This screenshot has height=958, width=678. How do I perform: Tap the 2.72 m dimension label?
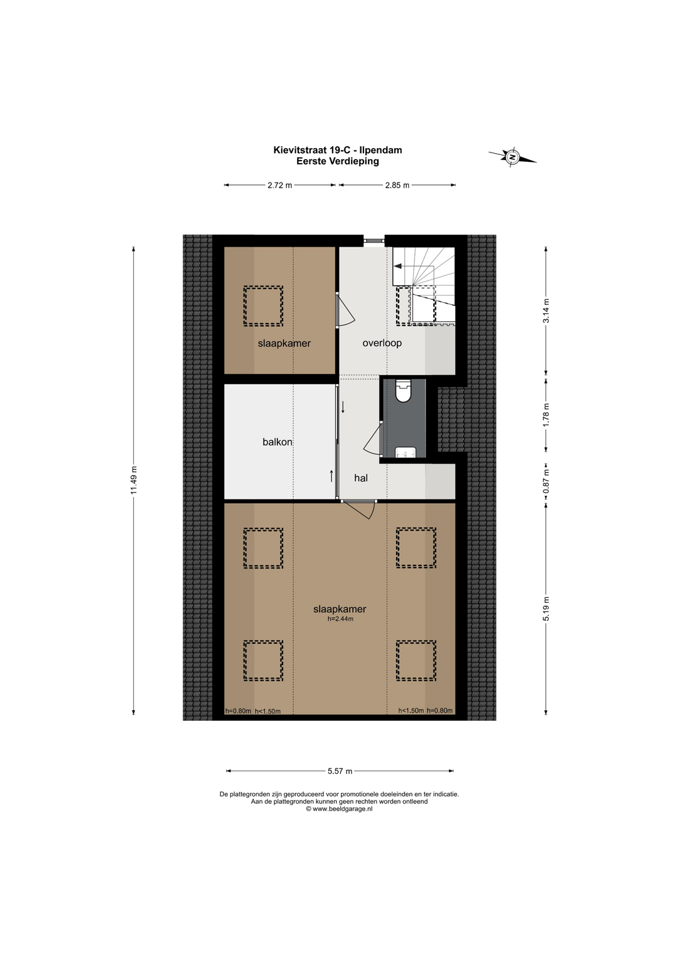279,185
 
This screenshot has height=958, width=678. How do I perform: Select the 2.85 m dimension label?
397,185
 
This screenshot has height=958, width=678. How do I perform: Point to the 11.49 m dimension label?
134,479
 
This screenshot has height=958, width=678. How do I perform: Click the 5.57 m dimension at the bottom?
340,771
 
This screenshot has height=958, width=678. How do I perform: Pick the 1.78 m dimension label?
546,415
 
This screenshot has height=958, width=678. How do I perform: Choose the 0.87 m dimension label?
546,481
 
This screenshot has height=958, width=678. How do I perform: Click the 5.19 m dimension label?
546,609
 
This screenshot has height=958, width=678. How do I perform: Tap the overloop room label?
382,343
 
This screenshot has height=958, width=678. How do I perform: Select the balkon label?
277,442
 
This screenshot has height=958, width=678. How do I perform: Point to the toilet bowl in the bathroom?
403,391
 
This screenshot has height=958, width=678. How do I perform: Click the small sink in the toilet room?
406,452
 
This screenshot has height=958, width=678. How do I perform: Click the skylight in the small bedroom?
263,306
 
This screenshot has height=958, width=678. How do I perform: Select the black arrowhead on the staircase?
397,266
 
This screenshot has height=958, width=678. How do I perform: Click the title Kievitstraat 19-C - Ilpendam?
338,150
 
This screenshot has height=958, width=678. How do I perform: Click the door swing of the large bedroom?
362,509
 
